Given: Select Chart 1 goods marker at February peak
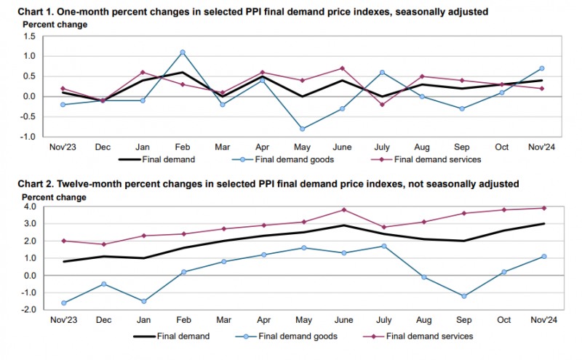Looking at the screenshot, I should tap(183, 52).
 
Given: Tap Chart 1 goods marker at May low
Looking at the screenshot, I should tap(303, 129).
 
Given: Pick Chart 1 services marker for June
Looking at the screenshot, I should tap(342, 68).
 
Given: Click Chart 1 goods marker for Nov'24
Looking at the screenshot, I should tap(542, 68).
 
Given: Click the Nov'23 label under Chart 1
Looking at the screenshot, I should tap(64, 147).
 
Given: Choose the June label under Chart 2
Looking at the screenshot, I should tap(342, 320).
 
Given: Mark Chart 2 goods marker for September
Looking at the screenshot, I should tap(463, 296).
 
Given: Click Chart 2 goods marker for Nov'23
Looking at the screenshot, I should tap(64, 303).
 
